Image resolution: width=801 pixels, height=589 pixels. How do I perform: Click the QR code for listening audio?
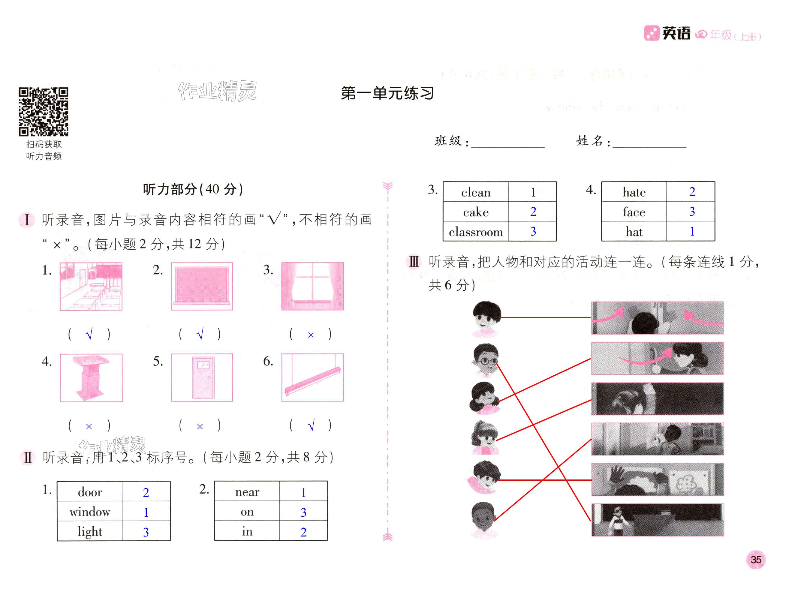(x=43, y=112)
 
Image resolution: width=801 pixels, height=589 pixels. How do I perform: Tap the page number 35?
(x=755, y=559)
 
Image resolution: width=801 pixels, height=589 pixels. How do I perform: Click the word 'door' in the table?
(x=90, y=492)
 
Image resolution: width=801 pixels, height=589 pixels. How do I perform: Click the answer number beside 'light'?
(x=146, y=532)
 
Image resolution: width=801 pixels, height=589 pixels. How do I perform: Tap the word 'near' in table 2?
(x=247, y=492)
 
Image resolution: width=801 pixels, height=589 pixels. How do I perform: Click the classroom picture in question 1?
(x=91, y=286)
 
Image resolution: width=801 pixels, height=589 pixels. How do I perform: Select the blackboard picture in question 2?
(x=202, y=286)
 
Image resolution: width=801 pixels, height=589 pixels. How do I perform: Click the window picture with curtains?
(x=312, y=286)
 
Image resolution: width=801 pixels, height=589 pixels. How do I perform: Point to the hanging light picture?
(x=312, y=377)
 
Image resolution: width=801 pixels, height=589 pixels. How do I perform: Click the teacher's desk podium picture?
(x=91, y=377)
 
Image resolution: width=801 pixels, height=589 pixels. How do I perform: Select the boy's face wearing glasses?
(x=485, y=360)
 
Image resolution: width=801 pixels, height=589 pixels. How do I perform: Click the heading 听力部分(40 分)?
(x=193, y=189)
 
